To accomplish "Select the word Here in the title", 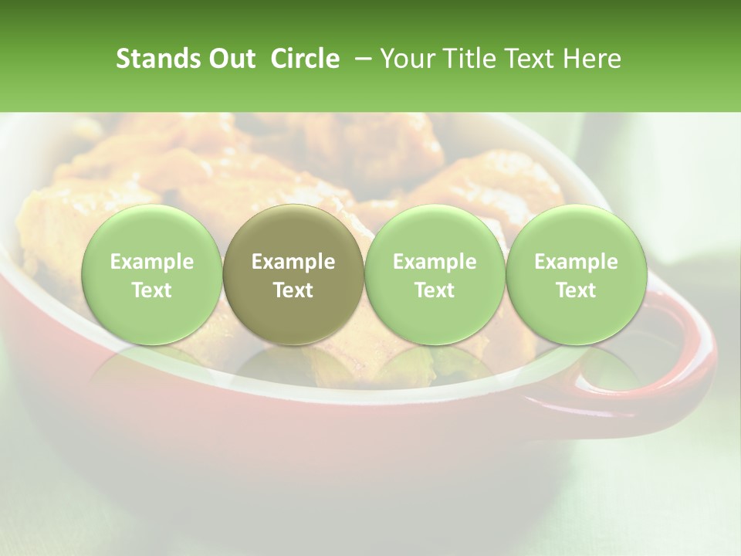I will click(x=592, y=59).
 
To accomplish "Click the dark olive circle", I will click(x=293, y=275).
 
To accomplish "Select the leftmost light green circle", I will click(x=152, y=275).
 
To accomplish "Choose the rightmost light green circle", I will click(x=576, y=275).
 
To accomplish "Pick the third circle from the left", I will click(x=435, y=275).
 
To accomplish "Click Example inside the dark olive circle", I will click(x=293, y=262).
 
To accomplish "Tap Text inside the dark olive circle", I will click(x=293, y=290).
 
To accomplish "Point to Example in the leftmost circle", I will click(x=152, y=262).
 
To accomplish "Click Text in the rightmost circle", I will click(x=576, y=290).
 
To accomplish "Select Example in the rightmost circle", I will click(x=576, y=262).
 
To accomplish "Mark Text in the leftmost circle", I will click(x=152, y=290).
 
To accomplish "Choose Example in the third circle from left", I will click(x=435, y=262).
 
